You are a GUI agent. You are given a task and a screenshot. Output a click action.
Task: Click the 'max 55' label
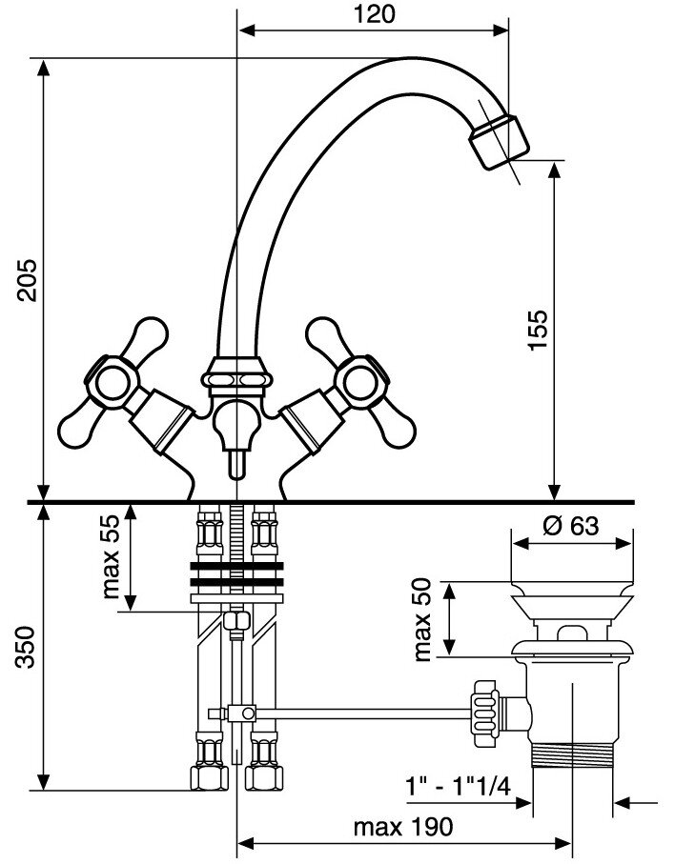tap(113, 557)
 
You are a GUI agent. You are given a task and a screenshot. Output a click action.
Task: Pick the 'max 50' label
tap(423, 619)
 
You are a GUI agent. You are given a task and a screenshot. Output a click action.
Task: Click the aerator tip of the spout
tap(499, 140)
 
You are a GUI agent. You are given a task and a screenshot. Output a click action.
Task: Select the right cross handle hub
tap(362, 378)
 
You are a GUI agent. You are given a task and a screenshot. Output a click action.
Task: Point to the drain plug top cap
tap(573, 571)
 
